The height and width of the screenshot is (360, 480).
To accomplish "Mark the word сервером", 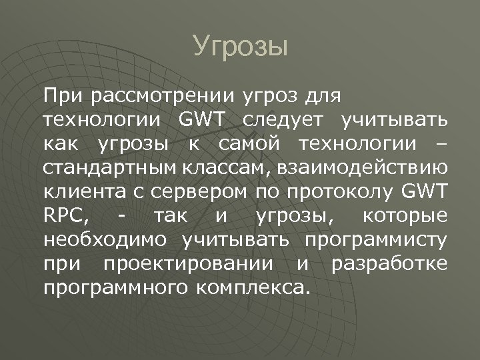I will point(189,193).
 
